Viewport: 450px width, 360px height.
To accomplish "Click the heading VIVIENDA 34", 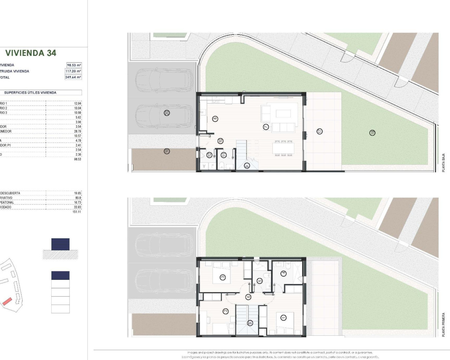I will click(x=31, y=53).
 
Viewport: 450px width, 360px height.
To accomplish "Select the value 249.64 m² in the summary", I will click(x=73, y=77).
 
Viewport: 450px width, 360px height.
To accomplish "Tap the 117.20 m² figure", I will click(x=73, y=71).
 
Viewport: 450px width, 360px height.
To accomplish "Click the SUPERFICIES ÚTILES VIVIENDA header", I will click(x=30, y=93).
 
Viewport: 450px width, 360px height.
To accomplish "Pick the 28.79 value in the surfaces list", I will click(x=77, y=131).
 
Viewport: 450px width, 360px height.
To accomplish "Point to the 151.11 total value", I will click(x=77, y=212).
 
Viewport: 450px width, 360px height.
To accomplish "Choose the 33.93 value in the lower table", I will click(x=77, y=207).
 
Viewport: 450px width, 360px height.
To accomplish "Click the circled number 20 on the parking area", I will click(x=167, y=113).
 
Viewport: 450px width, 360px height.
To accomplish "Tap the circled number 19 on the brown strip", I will click(x=167, y=151).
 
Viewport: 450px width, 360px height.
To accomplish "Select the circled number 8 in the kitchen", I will click(x=215, y=119).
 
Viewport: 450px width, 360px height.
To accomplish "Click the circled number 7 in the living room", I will click(x=266, y=127).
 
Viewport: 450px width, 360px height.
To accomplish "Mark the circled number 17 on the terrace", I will click(x=320, y=131).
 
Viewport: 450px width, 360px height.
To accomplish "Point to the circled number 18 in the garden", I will click(x=372, y=133).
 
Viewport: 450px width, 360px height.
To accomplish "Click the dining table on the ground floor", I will click(x=283, y=148).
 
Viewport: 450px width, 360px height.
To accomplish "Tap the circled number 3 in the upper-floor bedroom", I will click(x=223, y=277).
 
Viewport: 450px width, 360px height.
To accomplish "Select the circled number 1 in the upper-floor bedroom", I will click(x=283, y=318).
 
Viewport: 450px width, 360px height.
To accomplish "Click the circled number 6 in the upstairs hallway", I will click(x=248, y=297).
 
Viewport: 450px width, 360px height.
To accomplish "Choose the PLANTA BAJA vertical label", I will click(x=443, y=162).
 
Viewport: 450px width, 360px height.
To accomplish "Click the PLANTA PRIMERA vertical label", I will click(x=443, y=325).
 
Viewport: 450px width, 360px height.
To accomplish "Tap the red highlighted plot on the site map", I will click(x=7, y=301).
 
